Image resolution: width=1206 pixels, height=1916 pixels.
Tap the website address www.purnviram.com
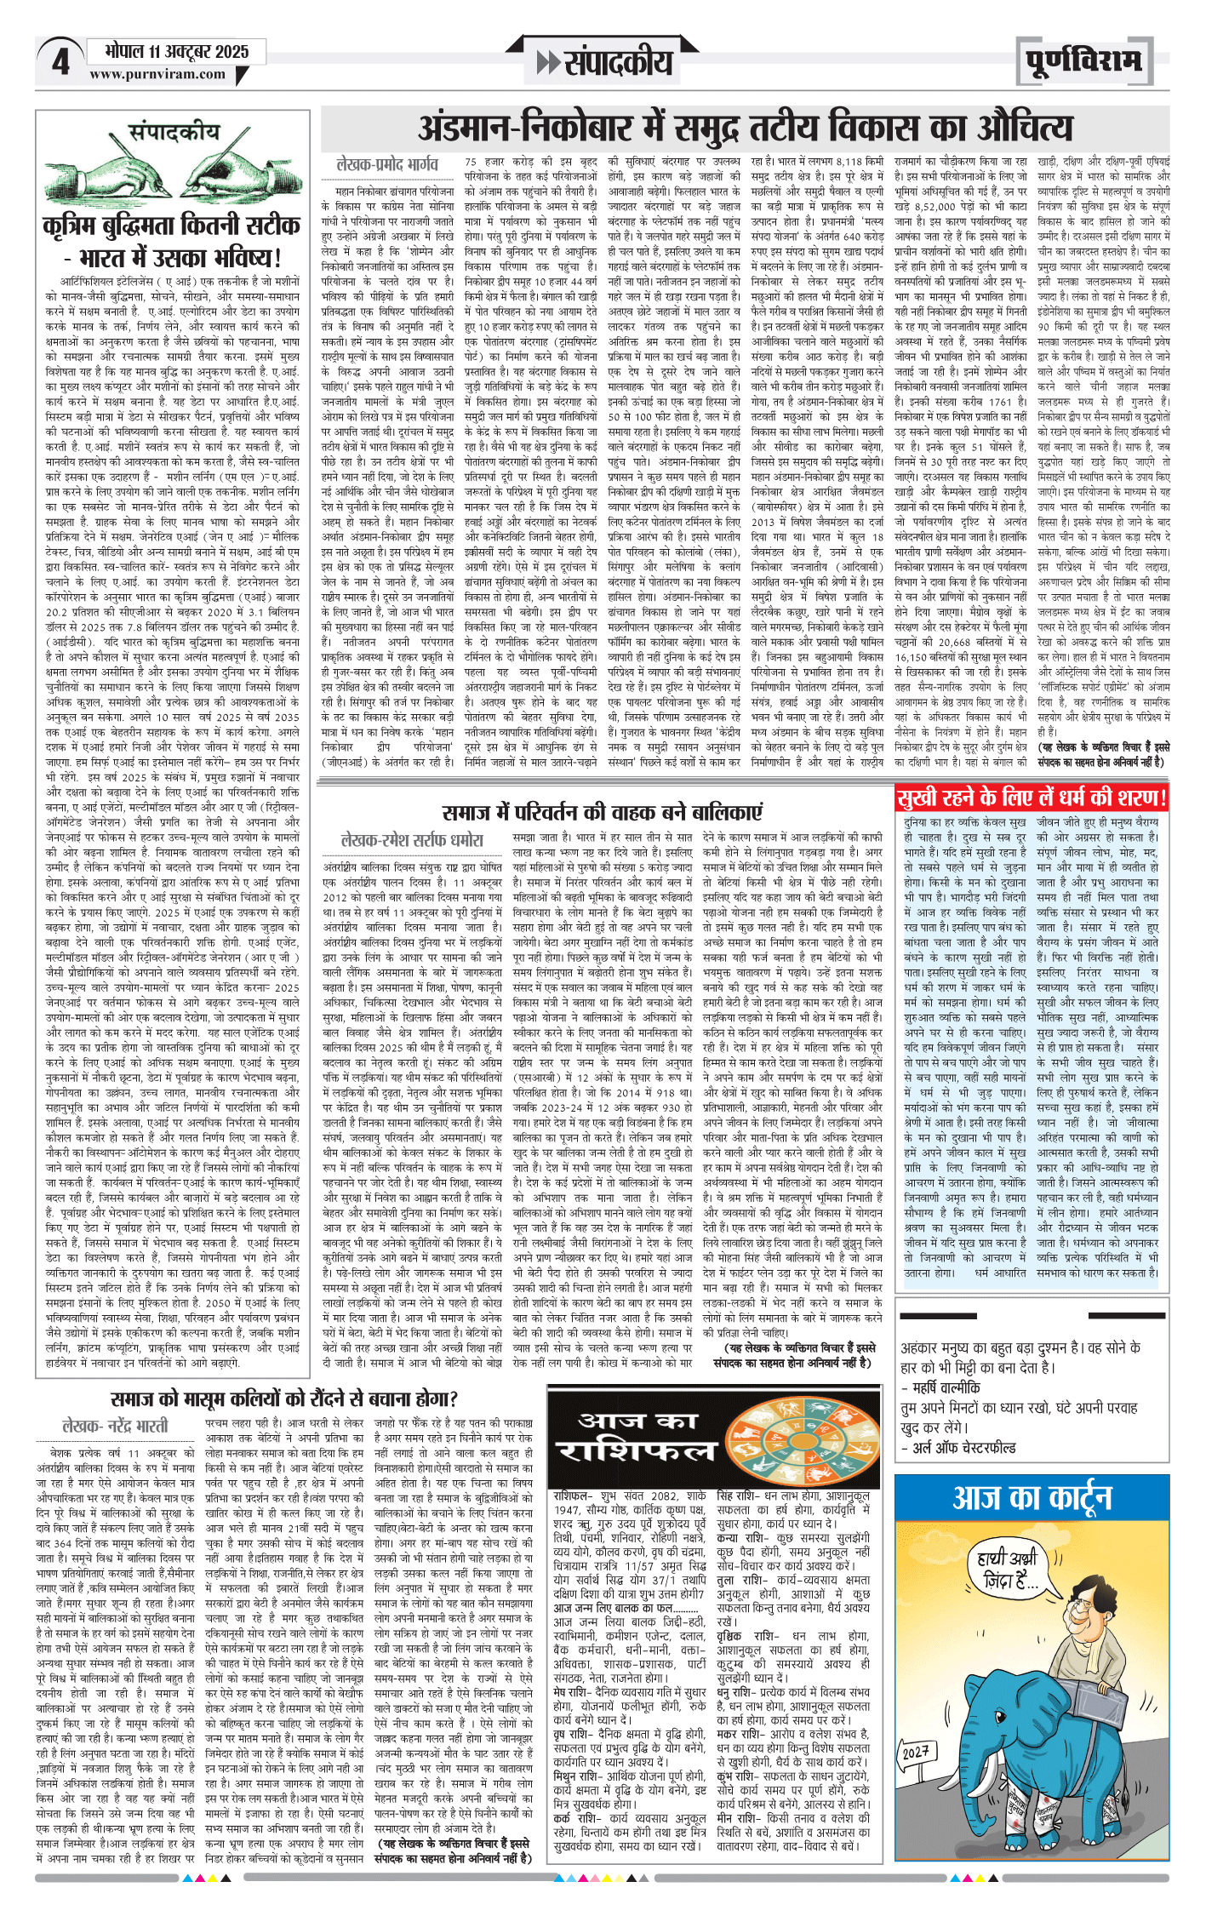click(157, 74)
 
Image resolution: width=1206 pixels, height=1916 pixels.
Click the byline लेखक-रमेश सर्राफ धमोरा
click(412, 840)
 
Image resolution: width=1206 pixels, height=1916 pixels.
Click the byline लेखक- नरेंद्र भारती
click(116, 1425)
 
